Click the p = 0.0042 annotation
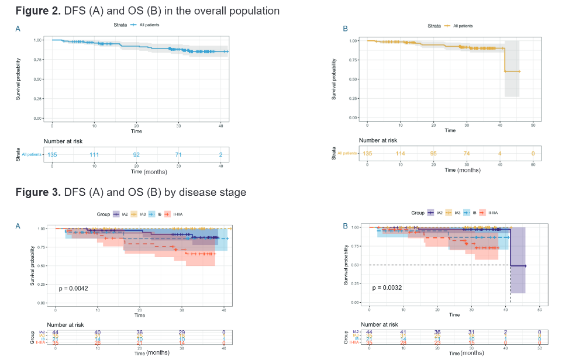coord(74,288)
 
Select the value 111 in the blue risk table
coord(94,154)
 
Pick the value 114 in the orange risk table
coord(400,154)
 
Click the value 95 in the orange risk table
coord(433,154)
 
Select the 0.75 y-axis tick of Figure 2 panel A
coord(38,60)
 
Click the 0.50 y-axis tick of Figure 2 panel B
coord(353,79)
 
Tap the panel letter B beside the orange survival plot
coord(345,28)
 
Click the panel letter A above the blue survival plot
coord(18,27)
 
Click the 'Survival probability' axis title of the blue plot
coord(18,79)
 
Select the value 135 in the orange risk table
coord(367,154)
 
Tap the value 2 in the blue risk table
coord(220,154)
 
